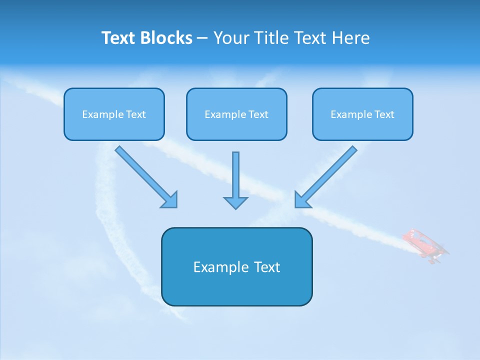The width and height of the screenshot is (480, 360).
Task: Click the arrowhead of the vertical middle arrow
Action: tap(235, 202)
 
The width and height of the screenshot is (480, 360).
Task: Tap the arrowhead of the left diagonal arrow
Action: tap(170, 200)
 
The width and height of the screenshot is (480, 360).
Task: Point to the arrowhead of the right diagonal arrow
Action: tap(302, 200)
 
